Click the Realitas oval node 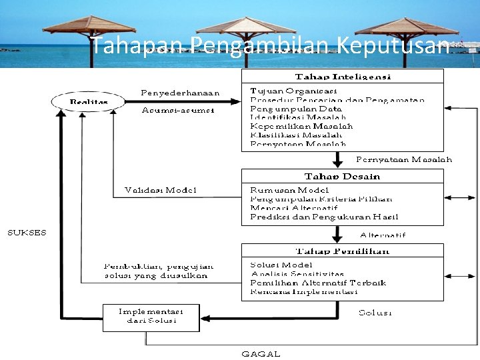coord(88,101)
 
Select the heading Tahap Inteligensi coord(343,77)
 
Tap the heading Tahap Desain coord(343,177)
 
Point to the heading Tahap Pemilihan coord(343,251)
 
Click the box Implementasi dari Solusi coord(151,315)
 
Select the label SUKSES coord(27,232)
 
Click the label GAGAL coord(261,354)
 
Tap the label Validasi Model coord(161,190)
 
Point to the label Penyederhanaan coord(180,92)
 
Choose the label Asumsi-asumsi coord(178,110)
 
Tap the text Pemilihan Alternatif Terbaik coord(318,283)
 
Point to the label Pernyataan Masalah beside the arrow coord(403,159)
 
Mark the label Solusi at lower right coord(375,312)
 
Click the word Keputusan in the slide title coord(393,46)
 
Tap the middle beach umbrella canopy coord(245,25)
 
